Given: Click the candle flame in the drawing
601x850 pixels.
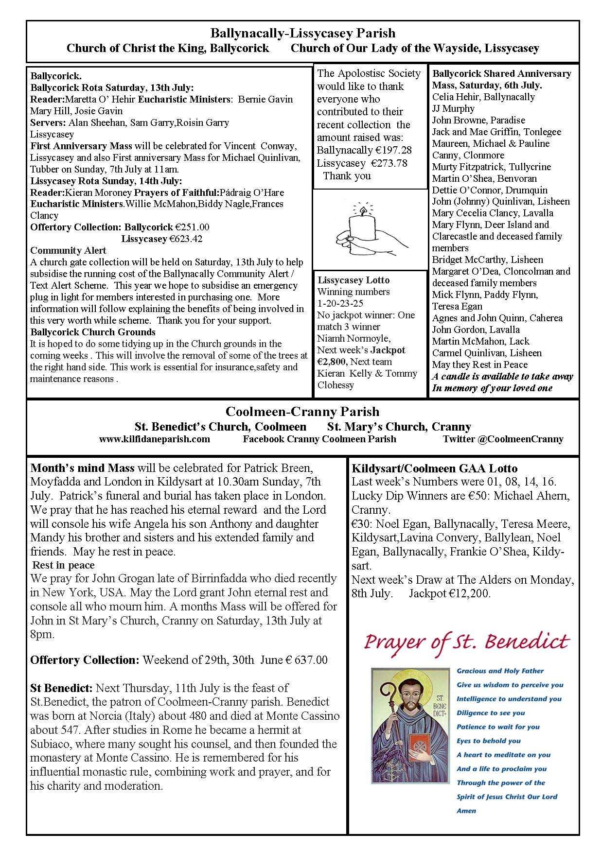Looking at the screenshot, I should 362,210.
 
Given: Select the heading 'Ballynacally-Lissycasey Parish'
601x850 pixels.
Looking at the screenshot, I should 302,34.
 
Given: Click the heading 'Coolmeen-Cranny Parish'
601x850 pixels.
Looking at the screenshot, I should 302,412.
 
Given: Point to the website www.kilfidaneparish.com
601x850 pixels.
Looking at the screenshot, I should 155,439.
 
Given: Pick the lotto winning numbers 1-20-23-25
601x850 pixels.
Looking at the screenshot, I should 340,304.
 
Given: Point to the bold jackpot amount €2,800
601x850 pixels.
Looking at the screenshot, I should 332,362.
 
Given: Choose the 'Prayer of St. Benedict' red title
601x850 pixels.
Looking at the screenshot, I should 466,642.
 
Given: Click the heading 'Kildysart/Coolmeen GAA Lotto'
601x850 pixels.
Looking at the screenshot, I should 434,468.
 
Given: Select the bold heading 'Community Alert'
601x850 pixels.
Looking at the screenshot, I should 68,250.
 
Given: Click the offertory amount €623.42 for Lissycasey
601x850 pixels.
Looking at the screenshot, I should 185,239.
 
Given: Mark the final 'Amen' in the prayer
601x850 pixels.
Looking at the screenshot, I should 466,811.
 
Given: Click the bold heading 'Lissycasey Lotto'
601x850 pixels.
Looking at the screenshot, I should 354,280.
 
